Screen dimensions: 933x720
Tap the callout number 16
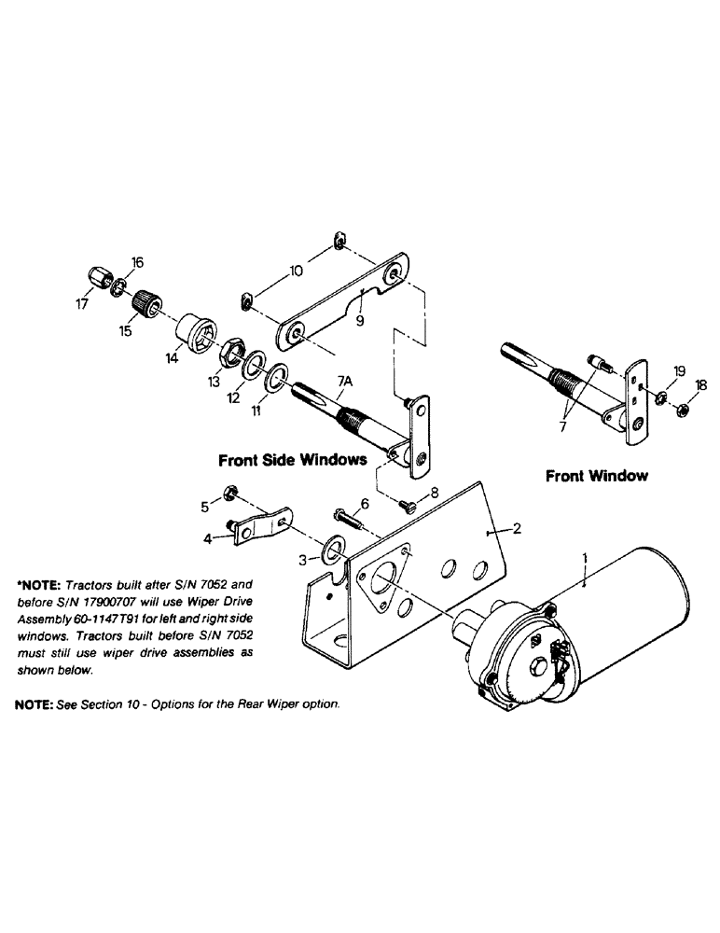(x=136, y=263)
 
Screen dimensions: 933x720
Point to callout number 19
(x=678, y=370)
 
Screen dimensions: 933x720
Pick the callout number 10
(x=296, y=272)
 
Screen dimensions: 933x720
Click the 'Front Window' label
(x=596, y=476)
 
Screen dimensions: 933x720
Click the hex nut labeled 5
(x=229, y=494)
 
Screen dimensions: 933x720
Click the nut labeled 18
(x=681, y=407)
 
